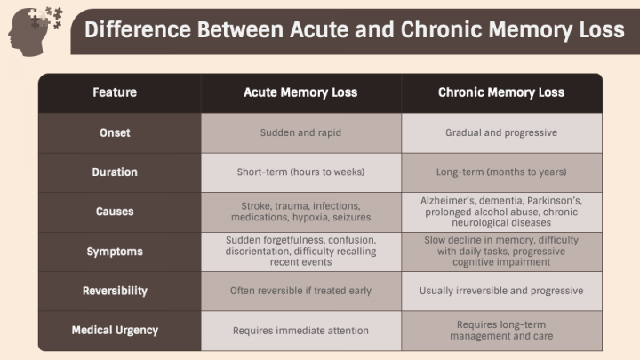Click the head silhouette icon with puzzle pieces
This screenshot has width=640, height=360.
[x=35, y=31]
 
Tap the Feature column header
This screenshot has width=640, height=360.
[x=115, y=92]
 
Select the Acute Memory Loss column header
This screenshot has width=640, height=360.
[x=300, y=92]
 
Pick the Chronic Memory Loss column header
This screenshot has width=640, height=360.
[x=501, y=92]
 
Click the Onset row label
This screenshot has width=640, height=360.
[x=115, y=132]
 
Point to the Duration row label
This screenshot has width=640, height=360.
[x=115, y=172]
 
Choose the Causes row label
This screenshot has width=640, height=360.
[x=115, y=212]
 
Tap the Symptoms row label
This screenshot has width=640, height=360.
[x=115, y=252]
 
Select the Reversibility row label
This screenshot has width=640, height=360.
[x=115, y=291]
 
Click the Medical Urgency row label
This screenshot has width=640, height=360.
[x=115, y=330]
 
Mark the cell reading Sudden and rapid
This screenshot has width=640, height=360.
[x=300, y=132]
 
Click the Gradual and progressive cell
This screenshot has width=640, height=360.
[x=501, y=132]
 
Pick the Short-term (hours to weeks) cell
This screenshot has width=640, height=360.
[x=300, y=172]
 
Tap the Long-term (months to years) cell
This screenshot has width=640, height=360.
[x=501, y=172]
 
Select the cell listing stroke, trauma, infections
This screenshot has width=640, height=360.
[x=300, y=212]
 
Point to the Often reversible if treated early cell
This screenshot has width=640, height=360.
[x=300, y=291]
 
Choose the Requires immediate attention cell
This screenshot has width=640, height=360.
[x=300, y=330]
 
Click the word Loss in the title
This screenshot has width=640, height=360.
[x=604, y=30]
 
